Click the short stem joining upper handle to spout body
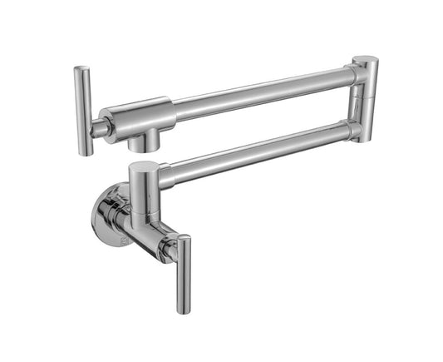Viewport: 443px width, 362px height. coord(97,127)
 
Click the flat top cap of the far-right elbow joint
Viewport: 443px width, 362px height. coord(365,61)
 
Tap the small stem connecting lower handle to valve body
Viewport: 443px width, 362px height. coord(170,247)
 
